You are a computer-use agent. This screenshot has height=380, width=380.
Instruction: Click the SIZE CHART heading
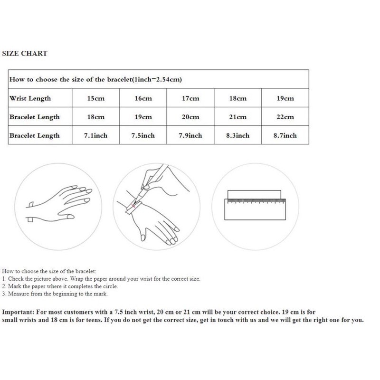[x=25, y=54]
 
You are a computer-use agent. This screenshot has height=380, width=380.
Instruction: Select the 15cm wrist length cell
[x=95, y=98]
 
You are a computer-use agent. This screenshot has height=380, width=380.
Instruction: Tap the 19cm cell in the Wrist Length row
[x=285, y=98]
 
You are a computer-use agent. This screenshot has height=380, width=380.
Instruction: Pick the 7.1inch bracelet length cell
[x=95, y=135]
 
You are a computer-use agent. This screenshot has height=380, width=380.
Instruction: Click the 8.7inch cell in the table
[x=285, y=135]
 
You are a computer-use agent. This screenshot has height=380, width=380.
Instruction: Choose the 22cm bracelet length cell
[x=285, y=117]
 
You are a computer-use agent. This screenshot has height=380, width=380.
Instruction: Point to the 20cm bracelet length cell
[x=190, y=117]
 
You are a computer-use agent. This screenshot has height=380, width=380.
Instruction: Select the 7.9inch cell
[x=190, y=135]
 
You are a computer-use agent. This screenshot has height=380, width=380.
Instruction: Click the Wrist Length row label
[x=30, y=98]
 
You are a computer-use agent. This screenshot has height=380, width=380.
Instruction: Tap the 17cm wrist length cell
[x=190, y=98]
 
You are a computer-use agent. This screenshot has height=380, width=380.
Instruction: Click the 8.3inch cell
[x=238, y=135]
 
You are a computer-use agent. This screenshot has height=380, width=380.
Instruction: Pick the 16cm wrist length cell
[x=143, y=98]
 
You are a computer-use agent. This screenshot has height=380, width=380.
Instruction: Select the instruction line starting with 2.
[x=60, y=286]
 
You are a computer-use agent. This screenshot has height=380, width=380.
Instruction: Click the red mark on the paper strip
[x=136, y=206]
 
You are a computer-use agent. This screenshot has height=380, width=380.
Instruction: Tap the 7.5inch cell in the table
[x=143, y=135]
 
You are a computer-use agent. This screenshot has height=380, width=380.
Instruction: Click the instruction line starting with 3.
[x=55, y=294]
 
